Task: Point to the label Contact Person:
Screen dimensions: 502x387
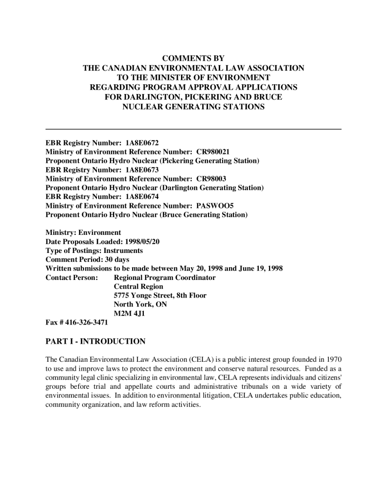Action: (x=71, y=277)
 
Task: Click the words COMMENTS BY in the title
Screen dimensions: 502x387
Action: (x=193, y=58)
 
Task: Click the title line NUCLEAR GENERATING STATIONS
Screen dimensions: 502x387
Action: (x=193, y=106)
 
